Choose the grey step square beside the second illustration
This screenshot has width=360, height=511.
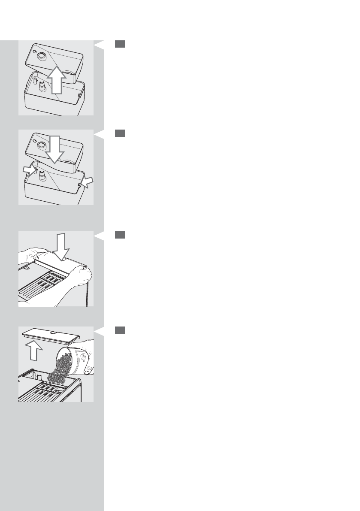pos(120,133)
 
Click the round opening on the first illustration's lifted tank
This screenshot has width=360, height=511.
pos(42,56)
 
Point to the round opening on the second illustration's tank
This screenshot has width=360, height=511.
pos(42,145)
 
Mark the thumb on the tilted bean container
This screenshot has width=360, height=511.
pos(88,372)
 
